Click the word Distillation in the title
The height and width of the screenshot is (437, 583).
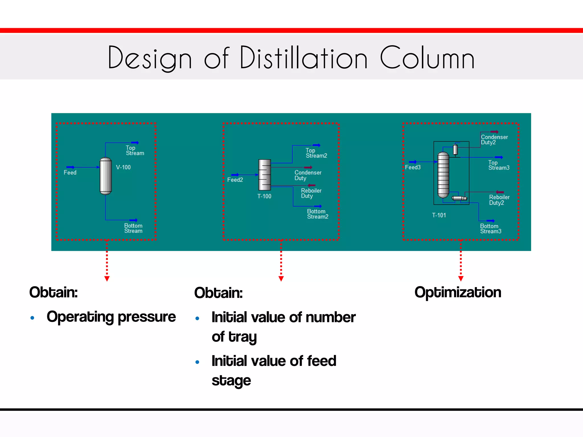tap(304, 58)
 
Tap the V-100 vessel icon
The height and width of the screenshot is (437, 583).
tap(106, 176)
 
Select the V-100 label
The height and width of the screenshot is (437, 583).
tap(123, 167)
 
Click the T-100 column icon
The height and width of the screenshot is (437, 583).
tap(264, 175)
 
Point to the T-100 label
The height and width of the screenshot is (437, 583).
tap(264, 196)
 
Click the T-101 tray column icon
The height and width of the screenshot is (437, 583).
tap(443, 175)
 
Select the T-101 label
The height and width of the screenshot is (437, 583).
tap(439, 215)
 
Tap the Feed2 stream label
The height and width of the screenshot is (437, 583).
tap(235, 180)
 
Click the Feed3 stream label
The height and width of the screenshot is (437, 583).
tap(413, 167)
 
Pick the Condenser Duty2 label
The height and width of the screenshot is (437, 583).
tap(494, 140)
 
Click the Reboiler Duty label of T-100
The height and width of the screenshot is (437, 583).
tap(311, 193)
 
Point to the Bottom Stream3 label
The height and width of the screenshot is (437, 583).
tap(490, 229)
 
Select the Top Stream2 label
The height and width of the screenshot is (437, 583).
tap(316, 153)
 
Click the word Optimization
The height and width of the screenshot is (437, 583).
tap(458, 292)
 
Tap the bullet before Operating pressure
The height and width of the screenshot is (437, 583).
tap(32, 318)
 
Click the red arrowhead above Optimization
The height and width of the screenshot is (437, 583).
tap(461, 279)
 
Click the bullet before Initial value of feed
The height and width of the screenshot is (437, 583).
tap(197, 362)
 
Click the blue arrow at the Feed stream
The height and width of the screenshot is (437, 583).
tap(70, 167)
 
